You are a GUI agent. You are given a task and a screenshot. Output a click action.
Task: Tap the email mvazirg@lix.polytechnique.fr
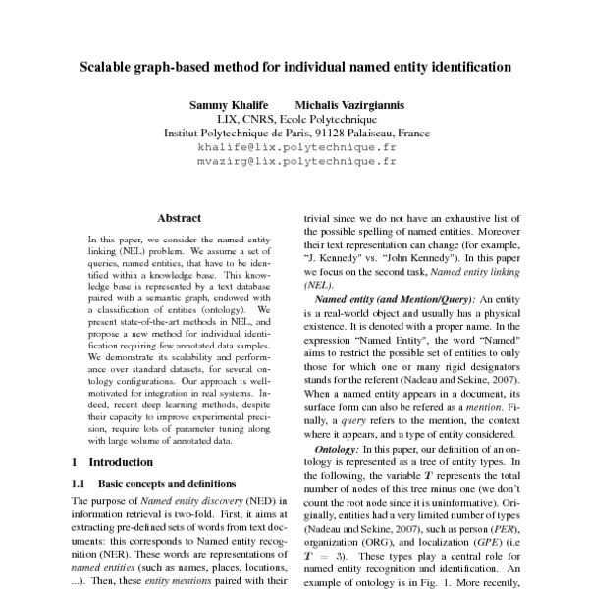click(x=294, y=158)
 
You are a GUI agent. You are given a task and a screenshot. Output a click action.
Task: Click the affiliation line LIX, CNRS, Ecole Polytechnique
click(x=294, y=118)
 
